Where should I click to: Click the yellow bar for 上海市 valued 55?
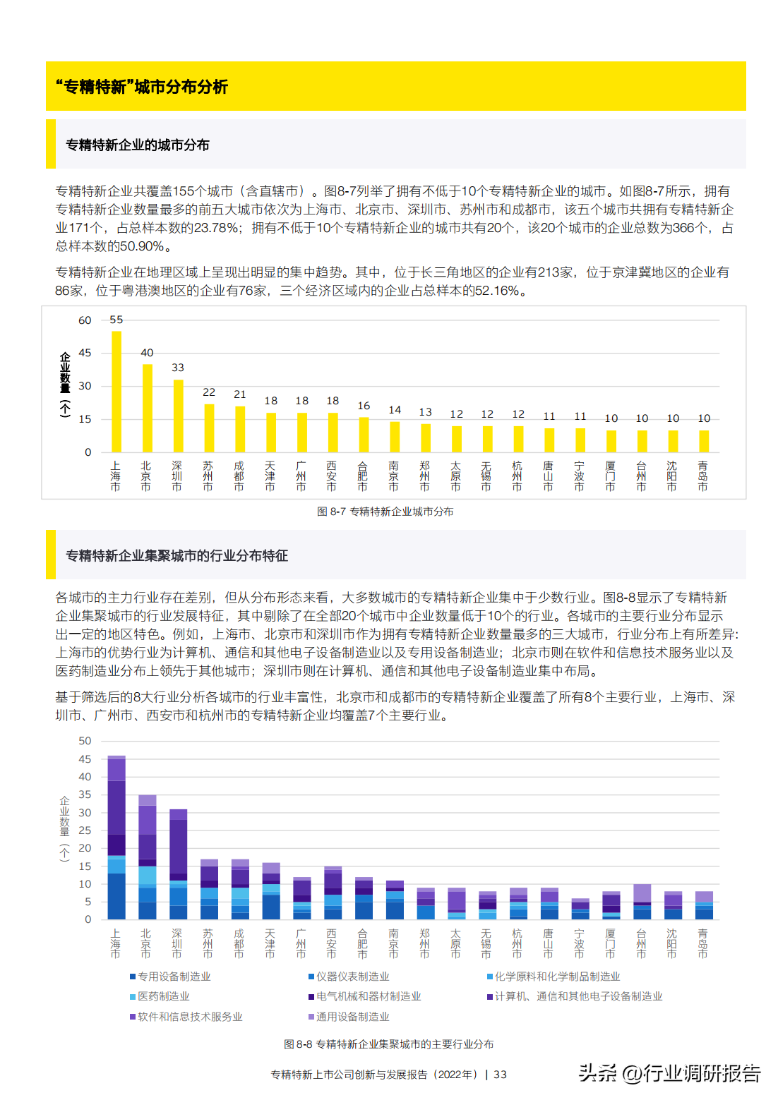point(116,392)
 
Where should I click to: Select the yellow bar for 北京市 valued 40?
point(147,408)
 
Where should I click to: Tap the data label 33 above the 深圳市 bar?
point(178,368)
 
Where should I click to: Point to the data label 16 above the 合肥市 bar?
point(364,406)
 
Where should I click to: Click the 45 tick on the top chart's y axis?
point(85,353)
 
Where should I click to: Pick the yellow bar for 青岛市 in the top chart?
point(704,441)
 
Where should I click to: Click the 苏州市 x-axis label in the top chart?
point(208,476)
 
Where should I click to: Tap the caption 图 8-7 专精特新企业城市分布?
point(385,512)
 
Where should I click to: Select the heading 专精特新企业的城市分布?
point(138,145)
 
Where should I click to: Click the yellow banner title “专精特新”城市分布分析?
point(142,87)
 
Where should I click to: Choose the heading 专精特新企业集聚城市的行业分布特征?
point(177,555)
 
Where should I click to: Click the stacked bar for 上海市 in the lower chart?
point(116,838)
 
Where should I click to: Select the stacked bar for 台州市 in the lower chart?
point(642,902)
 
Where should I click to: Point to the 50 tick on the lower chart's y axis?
point(85,741)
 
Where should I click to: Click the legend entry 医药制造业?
point(160,996)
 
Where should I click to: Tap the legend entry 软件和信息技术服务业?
point(186,1017)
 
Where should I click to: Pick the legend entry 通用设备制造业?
point(349,1017)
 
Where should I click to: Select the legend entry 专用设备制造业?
point(171,977)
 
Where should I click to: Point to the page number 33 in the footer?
point(500,1075)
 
